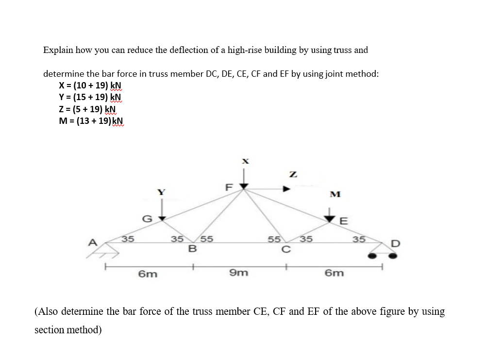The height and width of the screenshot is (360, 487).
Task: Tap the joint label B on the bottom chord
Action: (x=192, y=249)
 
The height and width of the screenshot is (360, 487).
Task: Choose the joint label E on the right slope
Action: (x=344, y=221)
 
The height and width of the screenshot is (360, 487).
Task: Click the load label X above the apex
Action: (x=245, y=160)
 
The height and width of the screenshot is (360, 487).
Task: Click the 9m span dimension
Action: (x=238, y=273)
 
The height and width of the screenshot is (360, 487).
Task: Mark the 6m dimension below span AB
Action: (x=148, y=274)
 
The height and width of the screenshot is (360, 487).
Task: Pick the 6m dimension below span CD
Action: (x=335, y=273)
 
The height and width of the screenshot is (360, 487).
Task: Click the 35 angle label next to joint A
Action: (x=128, y=239)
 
